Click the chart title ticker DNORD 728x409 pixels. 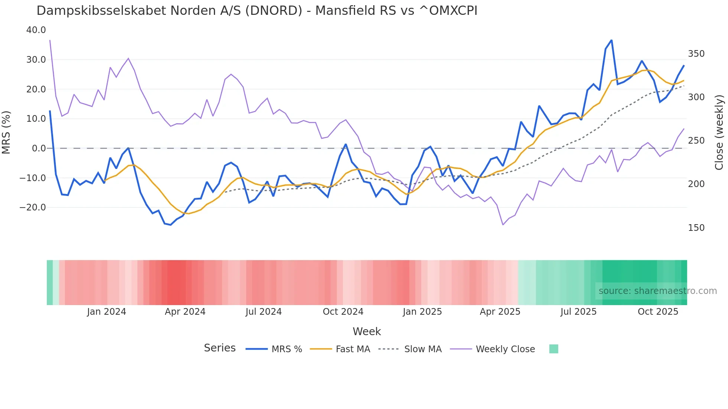[274, 11]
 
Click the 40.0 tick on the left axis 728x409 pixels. [36, 30]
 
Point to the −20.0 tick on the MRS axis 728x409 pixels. [33, 207]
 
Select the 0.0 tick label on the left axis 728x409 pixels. [39, 148]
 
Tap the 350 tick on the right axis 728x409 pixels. [696, 54]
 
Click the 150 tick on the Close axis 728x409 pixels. [696, 228]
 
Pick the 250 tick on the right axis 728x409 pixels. [696, 141]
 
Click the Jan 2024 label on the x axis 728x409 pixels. [107, 312]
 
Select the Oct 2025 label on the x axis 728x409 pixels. [658, 312]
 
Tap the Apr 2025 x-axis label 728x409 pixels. [500, 312]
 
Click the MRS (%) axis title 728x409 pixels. [6, 132]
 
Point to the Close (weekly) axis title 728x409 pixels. [719, 132]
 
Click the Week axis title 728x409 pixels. [367, 331]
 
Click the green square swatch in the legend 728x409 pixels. [553, 349]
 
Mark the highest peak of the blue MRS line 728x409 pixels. [611, 40]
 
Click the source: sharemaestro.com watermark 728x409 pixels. [657, 291]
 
